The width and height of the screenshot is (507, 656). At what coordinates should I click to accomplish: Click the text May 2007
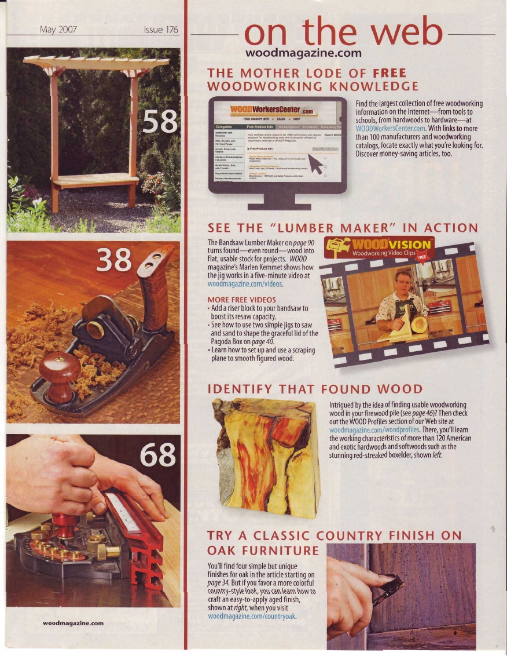coord(59,30)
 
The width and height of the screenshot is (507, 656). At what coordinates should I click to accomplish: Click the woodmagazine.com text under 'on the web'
coord(304,53)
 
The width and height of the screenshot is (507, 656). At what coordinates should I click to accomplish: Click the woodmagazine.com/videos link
coord(245,284)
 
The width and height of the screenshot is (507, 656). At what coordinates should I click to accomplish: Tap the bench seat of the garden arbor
coord(95,179)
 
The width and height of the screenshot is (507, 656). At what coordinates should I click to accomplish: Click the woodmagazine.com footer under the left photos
coord(73,623)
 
